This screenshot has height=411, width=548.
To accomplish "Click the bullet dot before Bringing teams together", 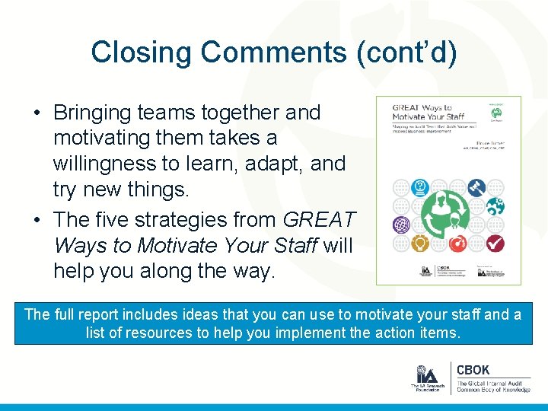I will click(37, 113).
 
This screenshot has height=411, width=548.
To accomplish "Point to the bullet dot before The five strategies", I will click(37, 221).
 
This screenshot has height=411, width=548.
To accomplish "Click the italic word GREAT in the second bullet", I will click(319, 220).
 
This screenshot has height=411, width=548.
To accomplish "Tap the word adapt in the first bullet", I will click(279, 164).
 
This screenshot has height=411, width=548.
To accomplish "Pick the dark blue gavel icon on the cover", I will click(476, 186).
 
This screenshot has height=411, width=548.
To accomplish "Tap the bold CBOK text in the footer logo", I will click(473, 371).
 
